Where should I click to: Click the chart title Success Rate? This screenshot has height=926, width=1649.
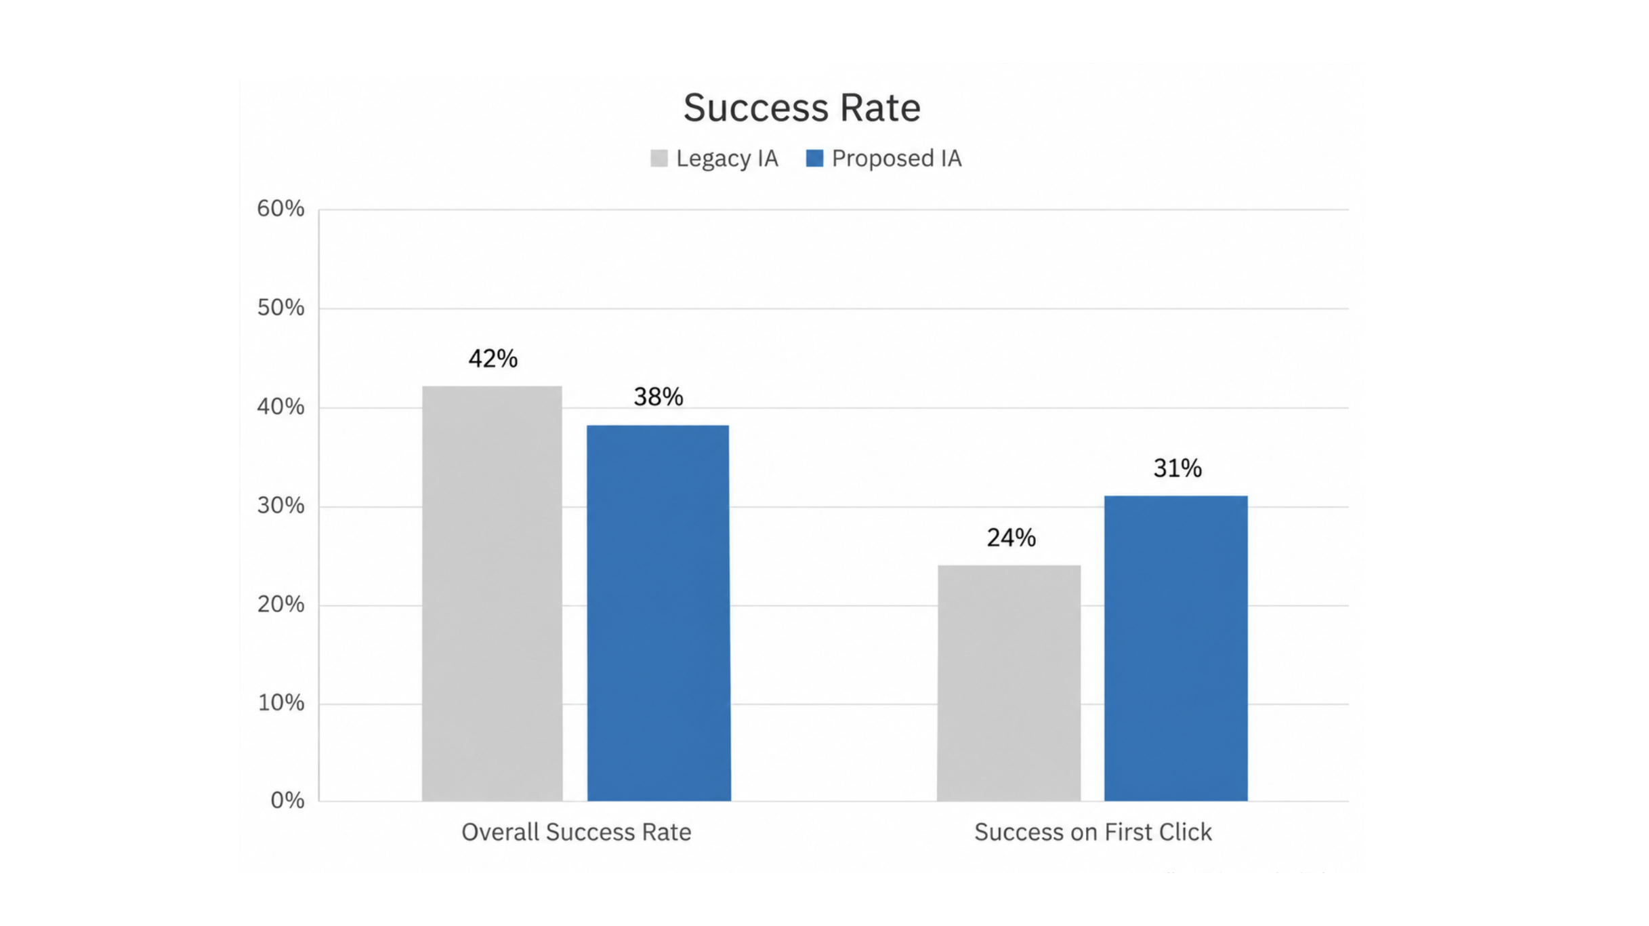click(x=801, y=108)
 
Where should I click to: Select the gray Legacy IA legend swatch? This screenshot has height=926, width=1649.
click(x=659, y=159)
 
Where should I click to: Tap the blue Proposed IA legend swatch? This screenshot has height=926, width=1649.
click(x=814, y=159)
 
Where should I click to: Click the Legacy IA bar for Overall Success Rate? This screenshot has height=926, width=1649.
click(x=492, y=594)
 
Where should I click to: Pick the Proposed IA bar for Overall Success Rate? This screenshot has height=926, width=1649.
click(x=659, y=613)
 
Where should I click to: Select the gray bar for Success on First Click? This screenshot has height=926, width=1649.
click(x=1009, y=683)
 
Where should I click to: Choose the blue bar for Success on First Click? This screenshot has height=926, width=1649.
click(x=1175, y=649)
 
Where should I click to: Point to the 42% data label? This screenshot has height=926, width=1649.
click(x=493, y=359)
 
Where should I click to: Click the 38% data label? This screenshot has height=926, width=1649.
click(x=659, y=397)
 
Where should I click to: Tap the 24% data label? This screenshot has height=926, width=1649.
click(x=1011, y=538)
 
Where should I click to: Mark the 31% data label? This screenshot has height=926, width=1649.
click(x=1177, y=468)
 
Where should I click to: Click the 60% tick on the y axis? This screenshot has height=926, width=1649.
click(x=280, y=209)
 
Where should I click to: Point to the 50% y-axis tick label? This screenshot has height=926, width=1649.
click(x=280, y=308)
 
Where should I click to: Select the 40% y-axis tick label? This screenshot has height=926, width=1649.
click(x=280, y=407)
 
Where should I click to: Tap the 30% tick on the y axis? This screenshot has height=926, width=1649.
click(x=280, y=506)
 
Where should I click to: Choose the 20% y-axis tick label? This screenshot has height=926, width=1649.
click(x=280, y=605)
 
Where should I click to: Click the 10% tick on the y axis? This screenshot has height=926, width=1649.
click(x=280, y=703)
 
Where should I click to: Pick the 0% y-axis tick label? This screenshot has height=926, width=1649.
click(x=287, y=801)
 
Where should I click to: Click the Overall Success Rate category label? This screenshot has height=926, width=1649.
click(x=577, y=832)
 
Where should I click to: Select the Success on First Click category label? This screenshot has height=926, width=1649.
click(x=1093, y=832)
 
